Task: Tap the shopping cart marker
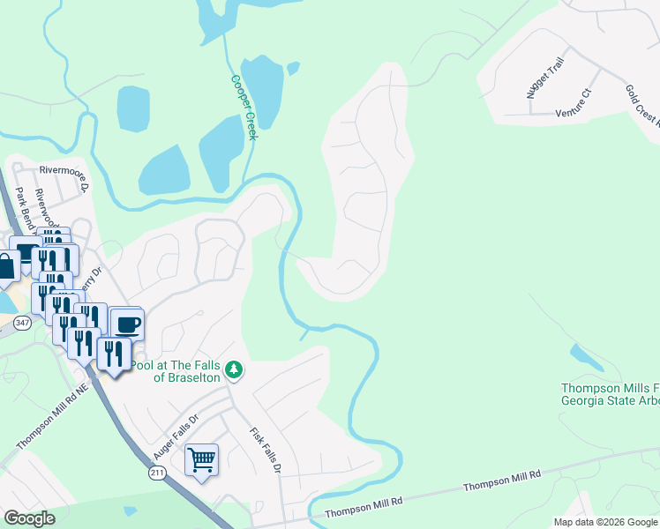(x=201, y=459)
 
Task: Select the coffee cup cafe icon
(x=126, y=323)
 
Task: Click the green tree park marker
(x=234, y=369)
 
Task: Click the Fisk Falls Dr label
(x=265, y=451)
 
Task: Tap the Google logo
(x=29, y=518)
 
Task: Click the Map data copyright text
(x=604, y=522)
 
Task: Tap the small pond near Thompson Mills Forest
(x=587, y=358)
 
